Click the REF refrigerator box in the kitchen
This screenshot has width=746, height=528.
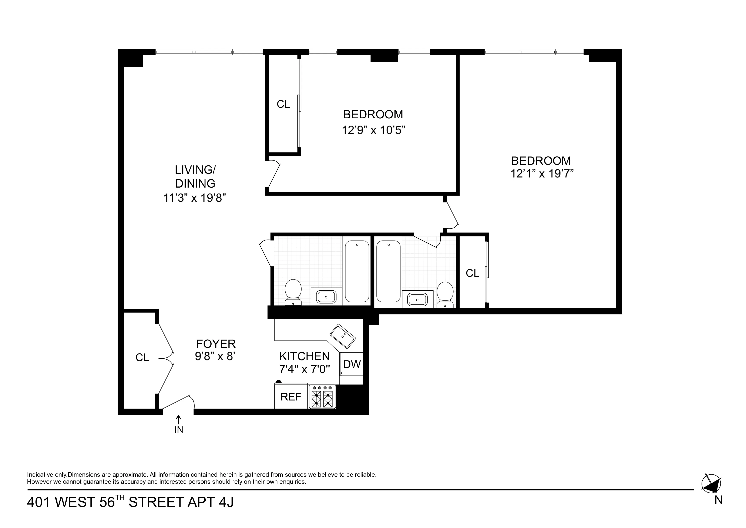pos(291,397)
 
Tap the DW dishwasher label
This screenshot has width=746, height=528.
pos(352,364)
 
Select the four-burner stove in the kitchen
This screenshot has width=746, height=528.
pos(322,397)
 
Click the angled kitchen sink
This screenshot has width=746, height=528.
pos(342,337)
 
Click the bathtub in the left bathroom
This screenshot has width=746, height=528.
pos(357,271)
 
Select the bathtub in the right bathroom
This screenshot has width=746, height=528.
pos(388,271)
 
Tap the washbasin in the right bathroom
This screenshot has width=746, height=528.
pos(417,299)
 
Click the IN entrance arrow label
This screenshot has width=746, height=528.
pos(179,429)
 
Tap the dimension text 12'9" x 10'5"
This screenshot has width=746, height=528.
pos(373,131)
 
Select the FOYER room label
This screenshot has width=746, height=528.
pos(216,344)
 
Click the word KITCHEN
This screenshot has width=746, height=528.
pos(305,356)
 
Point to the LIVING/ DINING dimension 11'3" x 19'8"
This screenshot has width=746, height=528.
pos(194,198)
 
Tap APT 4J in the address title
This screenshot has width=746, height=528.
pos(210,502)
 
